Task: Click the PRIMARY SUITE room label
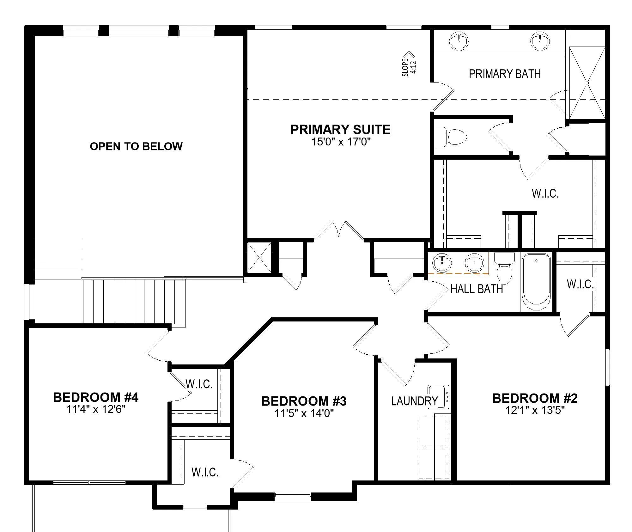(340, 130)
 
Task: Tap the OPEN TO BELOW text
(136, 146)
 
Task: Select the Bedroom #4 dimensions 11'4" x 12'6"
(96, 409)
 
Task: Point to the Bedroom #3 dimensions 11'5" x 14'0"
(304, 413)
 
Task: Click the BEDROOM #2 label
(535, 398)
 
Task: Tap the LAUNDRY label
(414, 401)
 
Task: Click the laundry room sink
(439, 397)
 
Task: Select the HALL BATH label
(477, 289)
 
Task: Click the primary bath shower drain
(587, 83)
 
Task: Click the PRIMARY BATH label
(505, 74)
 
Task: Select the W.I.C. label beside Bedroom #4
(199, 384)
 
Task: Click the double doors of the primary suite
(339, 230)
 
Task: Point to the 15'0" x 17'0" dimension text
(341, 142)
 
